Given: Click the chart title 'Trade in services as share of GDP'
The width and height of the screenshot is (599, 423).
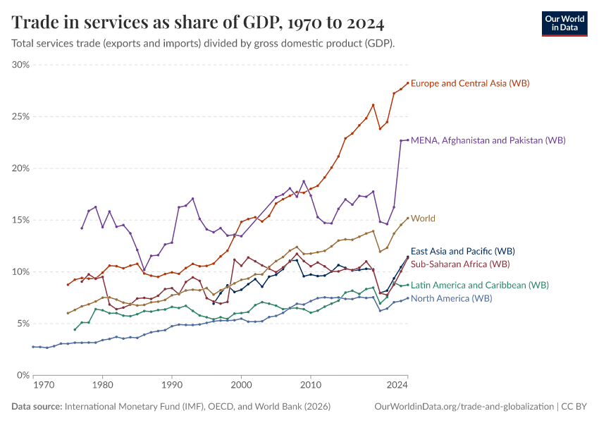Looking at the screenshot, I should pos(198,23).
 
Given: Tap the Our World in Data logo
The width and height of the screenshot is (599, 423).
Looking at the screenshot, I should pos(564,23).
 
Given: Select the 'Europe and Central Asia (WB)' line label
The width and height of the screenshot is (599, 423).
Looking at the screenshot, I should pos(469,83).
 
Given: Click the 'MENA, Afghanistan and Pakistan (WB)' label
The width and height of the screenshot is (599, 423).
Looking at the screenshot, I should pos(488,140).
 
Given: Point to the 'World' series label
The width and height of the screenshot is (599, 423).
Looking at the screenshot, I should pos(423,219).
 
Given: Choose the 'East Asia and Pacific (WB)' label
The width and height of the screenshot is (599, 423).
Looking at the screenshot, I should pos(463,251).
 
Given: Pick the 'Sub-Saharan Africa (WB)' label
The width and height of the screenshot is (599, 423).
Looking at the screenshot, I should pos(459,264).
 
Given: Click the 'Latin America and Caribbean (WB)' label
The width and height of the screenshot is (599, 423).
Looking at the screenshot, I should pos(479,286).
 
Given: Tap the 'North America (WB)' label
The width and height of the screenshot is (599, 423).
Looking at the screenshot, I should pos(451,299).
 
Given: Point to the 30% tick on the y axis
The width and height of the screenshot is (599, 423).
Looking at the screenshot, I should pos(20,65).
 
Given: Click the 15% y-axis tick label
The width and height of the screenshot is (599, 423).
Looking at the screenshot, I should pos(20,220).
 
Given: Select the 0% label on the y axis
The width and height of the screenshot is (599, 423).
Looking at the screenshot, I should pos(23,375).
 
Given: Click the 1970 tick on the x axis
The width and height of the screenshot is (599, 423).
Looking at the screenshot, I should pos(43,386).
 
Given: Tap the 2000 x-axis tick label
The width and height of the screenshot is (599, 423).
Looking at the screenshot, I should pos(241,386).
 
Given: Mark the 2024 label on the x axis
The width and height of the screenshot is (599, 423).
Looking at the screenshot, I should pos(397,386).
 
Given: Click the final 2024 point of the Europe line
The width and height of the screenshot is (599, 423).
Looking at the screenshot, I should pos(407,82).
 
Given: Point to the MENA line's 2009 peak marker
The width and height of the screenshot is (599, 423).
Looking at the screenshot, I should pos(304,181).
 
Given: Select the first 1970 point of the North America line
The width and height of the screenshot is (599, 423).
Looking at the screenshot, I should pos(33,347).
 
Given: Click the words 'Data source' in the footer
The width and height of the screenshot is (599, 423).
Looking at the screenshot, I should pos(37,407).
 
